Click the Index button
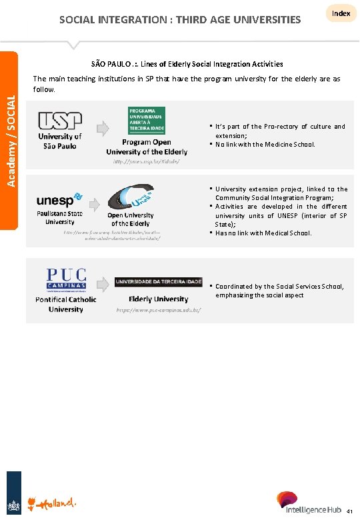(x=341, y=13)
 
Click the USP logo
(x=60, y=121)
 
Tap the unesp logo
(x=59, y=199)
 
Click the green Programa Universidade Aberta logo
(x=147, y=120)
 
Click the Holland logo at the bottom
(x=52, y=501)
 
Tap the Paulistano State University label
(x=60, y=217)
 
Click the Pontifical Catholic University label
(x=65, y=304)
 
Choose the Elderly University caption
(x=158, y=299)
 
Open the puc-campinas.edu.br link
(x=159, y=311)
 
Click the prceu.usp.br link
(x=146, y=161)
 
